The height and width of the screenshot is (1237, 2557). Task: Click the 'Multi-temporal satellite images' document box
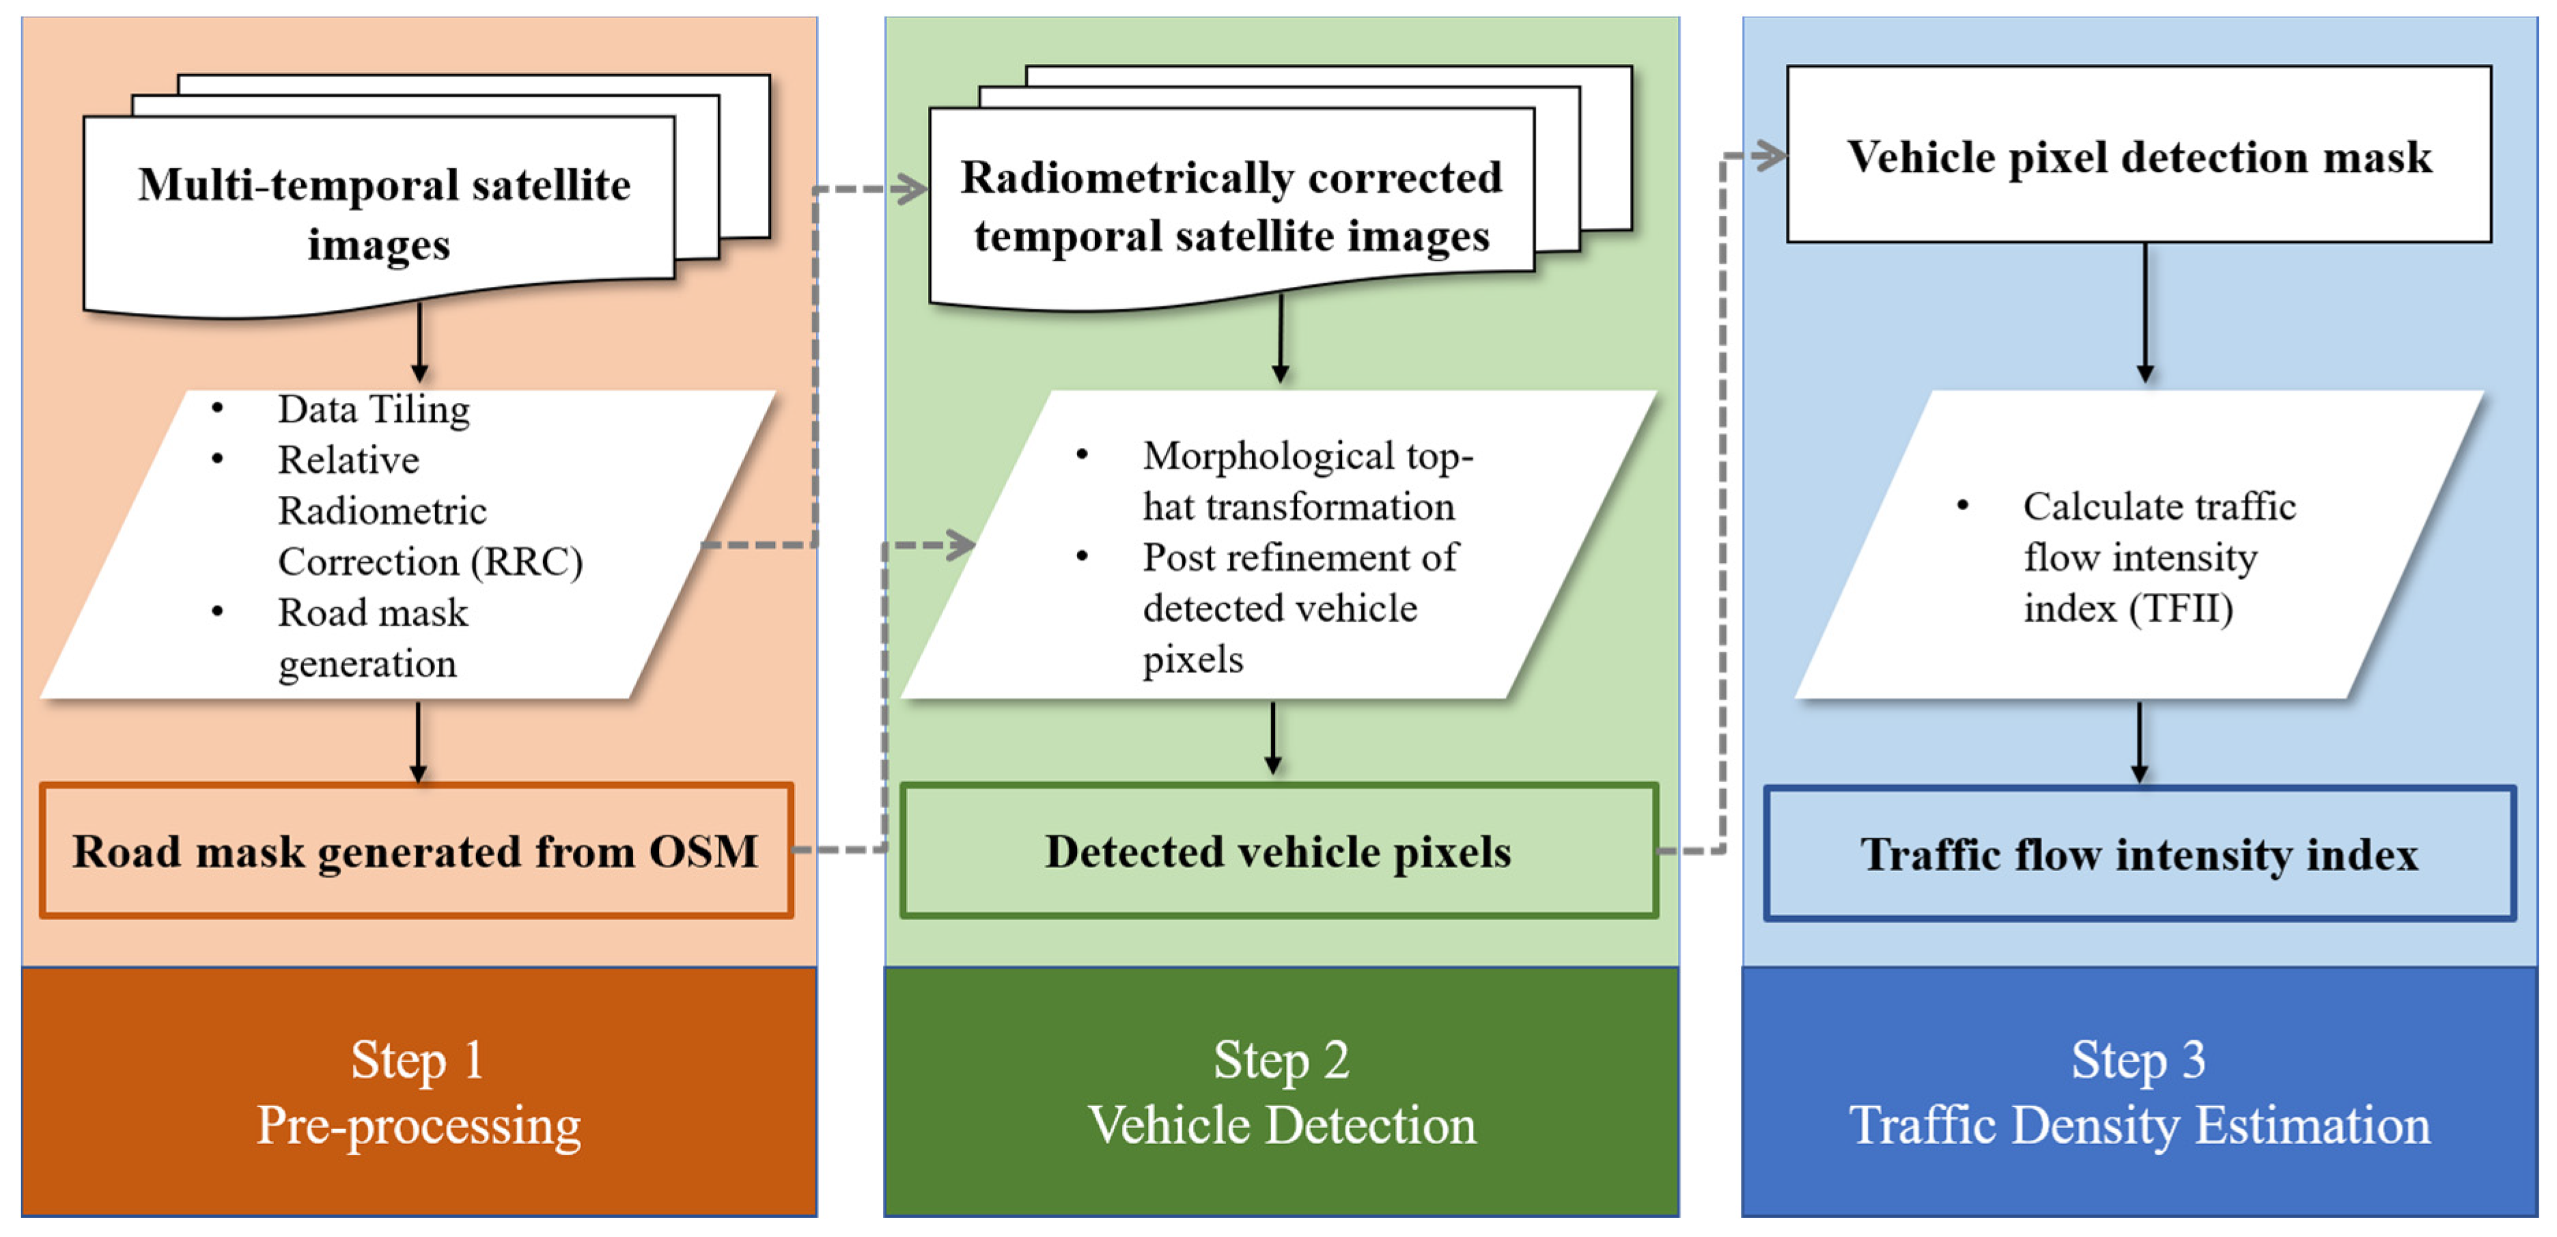click(x=382, y=213)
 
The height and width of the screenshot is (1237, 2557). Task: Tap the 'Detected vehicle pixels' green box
click(x=1278, y=852)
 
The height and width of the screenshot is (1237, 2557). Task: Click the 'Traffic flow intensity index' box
click(x=2139, y=854)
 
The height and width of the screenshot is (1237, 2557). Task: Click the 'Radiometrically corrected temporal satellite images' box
click(x=1231, y=206)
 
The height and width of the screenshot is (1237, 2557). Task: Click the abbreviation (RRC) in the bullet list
click(x=526, y=562)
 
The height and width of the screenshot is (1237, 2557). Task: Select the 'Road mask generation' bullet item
click(x=372, y=637)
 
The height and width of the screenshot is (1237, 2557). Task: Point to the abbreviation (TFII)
click(x=2181, y=609)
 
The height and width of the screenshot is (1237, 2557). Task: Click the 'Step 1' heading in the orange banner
click(x=417, y=1059)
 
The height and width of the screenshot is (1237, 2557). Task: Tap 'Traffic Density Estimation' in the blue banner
click(x=2139, y=1126)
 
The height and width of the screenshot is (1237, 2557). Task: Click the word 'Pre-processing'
click(x=419, y=1126)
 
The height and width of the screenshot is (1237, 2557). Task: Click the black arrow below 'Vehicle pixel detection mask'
click(x=2145, y=313)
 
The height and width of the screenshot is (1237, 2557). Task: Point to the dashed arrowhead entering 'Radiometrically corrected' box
click(x=909, y=189)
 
